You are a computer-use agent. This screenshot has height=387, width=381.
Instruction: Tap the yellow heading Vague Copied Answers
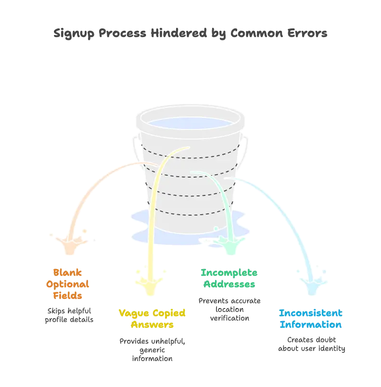tap(152, 319)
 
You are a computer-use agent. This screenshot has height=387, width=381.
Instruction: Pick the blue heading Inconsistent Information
tap(311, 319)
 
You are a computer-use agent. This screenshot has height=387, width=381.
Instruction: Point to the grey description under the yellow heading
tap(152, 349)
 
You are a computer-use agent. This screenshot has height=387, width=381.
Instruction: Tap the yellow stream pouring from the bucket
tap(156, 202)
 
